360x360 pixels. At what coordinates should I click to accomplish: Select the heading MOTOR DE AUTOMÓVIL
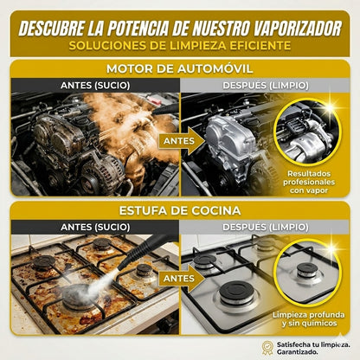(x=180, y=69)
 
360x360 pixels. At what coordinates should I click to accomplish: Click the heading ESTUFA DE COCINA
(x=180, y=210)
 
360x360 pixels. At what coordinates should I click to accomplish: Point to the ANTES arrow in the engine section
(x=180, y=141)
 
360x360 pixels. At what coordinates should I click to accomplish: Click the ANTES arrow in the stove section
(x=180, y=279)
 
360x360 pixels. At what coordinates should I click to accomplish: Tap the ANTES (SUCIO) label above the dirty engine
(x=95, y=86)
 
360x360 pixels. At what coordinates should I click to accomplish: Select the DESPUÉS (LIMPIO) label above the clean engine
(x=266, y=86)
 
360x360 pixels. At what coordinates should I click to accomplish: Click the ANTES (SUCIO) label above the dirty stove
(x=95, y=227)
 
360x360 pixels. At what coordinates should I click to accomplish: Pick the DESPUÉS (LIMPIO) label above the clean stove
(x=266, y=227)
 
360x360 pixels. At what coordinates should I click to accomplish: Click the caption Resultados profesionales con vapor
(x=309, y=182)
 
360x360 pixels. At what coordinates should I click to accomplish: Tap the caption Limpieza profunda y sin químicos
(x=309, y=318)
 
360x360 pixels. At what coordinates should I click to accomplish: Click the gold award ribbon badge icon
(x=267, y=347)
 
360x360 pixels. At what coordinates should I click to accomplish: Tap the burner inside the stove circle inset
(x=307, y=272)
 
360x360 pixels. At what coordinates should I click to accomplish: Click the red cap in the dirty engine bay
(x=154, y=100)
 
